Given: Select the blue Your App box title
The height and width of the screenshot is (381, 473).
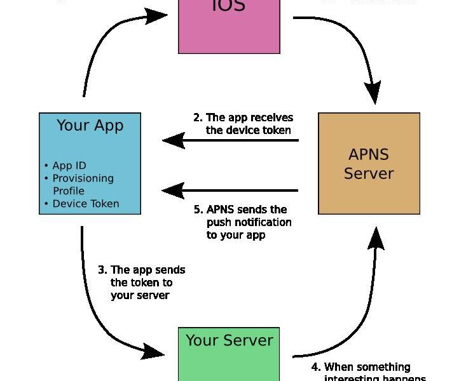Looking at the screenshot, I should click(x=90, y=125).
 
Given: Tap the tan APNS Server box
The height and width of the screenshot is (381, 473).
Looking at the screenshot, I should click(x=369, y=163).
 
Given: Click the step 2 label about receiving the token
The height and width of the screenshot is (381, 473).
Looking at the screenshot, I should click(x=243, y=124).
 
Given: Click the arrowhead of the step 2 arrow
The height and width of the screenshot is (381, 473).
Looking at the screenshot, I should click(x=173, y=140).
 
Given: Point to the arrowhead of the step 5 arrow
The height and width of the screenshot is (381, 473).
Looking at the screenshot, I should click(x=173, y=190).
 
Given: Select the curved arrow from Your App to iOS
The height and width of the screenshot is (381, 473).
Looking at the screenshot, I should click(x=102, y=38).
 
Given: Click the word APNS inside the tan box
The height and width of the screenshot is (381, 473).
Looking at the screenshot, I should click(x=369, y=154).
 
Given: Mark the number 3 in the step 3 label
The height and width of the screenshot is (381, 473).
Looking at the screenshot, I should click(x=101, y=270).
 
